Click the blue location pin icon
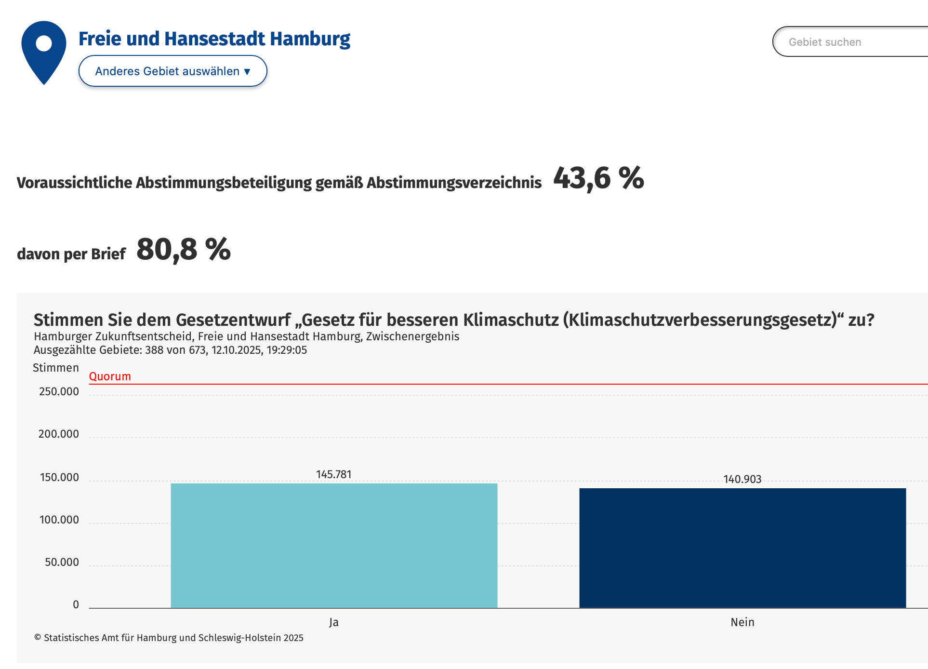point(44,51)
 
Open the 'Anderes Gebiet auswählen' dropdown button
point(172,71)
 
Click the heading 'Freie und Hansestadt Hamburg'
point(214,39)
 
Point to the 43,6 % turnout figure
point(598,178)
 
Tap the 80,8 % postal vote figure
point(184,250)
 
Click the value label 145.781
point(333,474)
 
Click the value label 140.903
point(742,479)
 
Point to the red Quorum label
point(110,376)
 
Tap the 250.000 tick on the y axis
point(59,391)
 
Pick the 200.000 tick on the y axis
point(58,434)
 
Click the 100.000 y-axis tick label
point(59,520)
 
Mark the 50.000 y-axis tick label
point(62,562)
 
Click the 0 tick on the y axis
point(76,604)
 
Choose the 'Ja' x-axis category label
point(334,622)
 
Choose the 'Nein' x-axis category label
point(742,622)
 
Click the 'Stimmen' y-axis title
point(56,368)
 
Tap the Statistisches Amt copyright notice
point(169,638)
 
